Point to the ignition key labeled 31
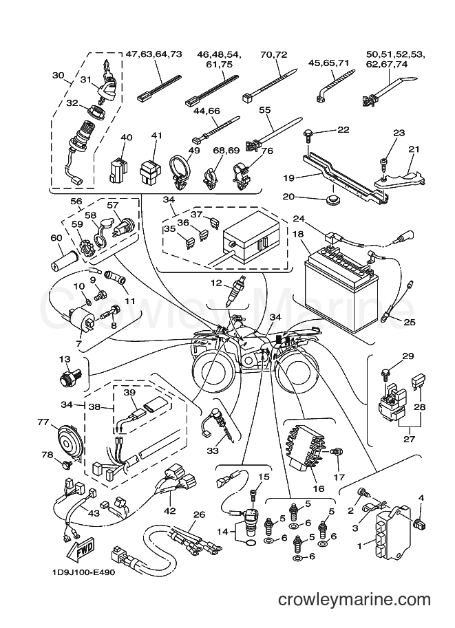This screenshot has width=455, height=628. pos(106,82)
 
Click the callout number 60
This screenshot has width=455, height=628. pos(56,238)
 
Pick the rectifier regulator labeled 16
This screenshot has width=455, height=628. pos(307,448)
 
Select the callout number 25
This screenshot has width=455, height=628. pos(410,322)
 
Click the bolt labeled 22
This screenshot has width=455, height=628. pos(309,136)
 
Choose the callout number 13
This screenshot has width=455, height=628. pos(65,359)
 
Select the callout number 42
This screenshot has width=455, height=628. pos(171,512)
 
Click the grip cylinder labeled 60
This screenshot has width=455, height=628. pos(63,263)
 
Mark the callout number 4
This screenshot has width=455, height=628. pos(421,498)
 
